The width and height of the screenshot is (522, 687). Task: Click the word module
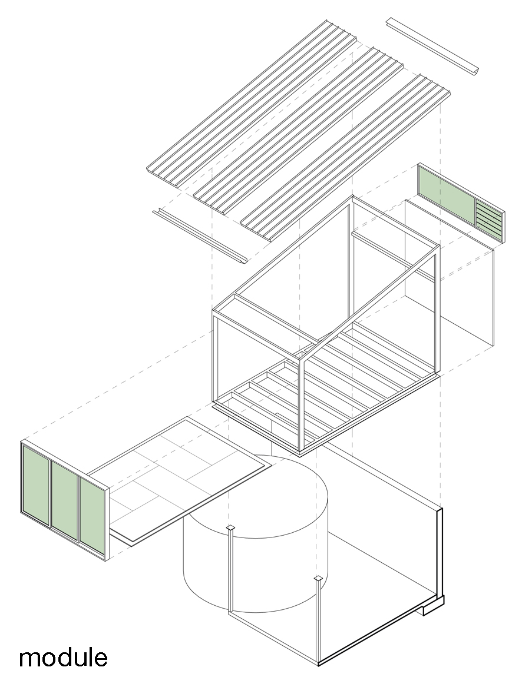click(x=63, y=657)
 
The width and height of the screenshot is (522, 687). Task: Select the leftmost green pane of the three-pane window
click(x=36, y=484)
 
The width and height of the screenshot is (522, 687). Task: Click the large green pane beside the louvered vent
click(x=446, y=195)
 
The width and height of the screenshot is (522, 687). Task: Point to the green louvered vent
click(x=488, y=218)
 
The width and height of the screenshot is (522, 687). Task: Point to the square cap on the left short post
click(x=231, y=527)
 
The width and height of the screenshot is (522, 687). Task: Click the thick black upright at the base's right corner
click(x=439, y=553)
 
